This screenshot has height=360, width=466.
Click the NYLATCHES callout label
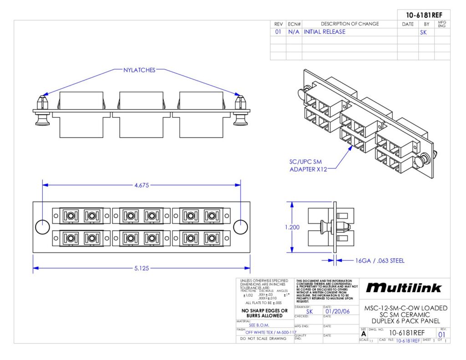(140, 70)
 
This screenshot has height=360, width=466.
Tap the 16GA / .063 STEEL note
(380, 261)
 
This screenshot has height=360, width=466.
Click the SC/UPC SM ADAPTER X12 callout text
(308, 166)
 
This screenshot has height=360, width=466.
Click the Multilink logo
(404, 288)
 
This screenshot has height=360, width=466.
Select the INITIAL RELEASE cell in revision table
(324, 32)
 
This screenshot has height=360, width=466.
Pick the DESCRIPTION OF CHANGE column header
(349, 24)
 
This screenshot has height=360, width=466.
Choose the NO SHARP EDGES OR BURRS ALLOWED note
(264, 313)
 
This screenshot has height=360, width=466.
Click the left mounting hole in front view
(42, 227)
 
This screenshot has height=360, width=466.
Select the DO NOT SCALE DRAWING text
(264, 339)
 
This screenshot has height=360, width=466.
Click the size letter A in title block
(363, 334)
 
